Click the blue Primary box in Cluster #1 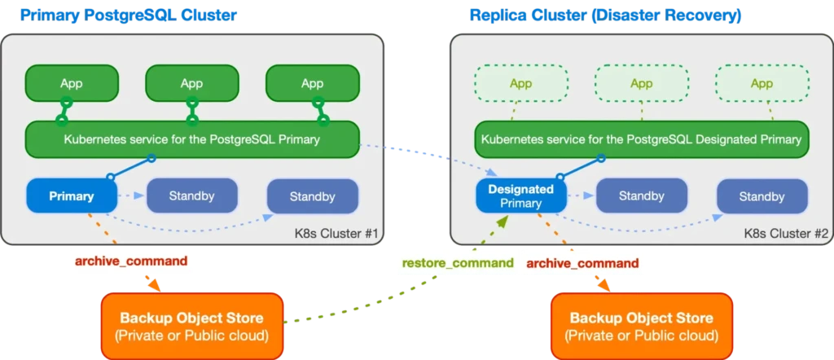pos(72,195)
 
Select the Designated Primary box pos(521,196)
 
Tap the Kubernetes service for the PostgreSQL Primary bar pos(191,139)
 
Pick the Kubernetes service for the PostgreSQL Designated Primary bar pos(641,139)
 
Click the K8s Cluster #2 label pos(787,234)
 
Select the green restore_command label pos(458,263)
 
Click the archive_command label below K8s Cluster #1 pos(131,261)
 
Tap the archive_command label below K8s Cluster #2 pos(582,263)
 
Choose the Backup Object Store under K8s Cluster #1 pos(191,325)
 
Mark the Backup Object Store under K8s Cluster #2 pos(642,325)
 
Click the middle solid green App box pos(191,83)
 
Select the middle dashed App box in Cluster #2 pos(641,83)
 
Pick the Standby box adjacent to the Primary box pos(191,195)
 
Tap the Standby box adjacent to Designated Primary pos(641,195)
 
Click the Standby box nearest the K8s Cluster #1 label pos(312,196)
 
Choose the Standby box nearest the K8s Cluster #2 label pos(762,196)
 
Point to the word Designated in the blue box pos(521,189)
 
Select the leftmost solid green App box pos(72,83)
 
